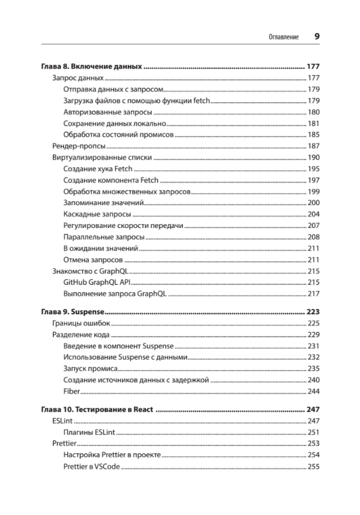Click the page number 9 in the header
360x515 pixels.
(x=317, y=37)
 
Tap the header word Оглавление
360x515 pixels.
(x=284, y=37)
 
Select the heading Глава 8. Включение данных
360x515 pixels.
(x=92, y=66)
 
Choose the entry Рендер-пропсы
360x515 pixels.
(x=79, y=146)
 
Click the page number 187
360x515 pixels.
(x=314, y=146)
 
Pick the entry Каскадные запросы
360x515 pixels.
(x=97, y=214)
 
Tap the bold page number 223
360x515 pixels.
(x=313, y=312)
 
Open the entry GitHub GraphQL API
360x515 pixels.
(x=97, y=282)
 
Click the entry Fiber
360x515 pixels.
(x=72, y=391)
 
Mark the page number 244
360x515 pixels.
(x=314, y=391)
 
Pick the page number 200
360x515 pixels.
(x=314, y=203)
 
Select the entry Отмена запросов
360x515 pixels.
(x=93, y=260)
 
